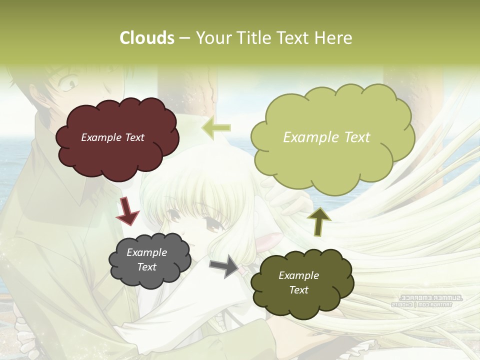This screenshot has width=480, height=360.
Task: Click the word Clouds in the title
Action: [147, 38]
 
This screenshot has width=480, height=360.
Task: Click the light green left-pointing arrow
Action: [216, 128]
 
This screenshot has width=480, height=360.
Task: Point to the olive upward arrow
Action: [319, 221]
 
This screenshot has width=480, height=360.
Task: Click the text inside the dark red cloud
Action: [113, 137]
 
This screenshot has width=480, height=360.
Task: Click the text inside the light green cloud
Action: [326, 137]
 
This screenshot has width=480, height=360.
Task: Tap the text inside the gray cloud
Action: [147, 260]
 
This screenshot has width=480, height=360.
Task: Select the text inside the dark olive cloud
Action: [298, 282]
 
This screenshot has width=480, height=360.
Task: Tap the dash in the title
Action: [184, 38]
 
